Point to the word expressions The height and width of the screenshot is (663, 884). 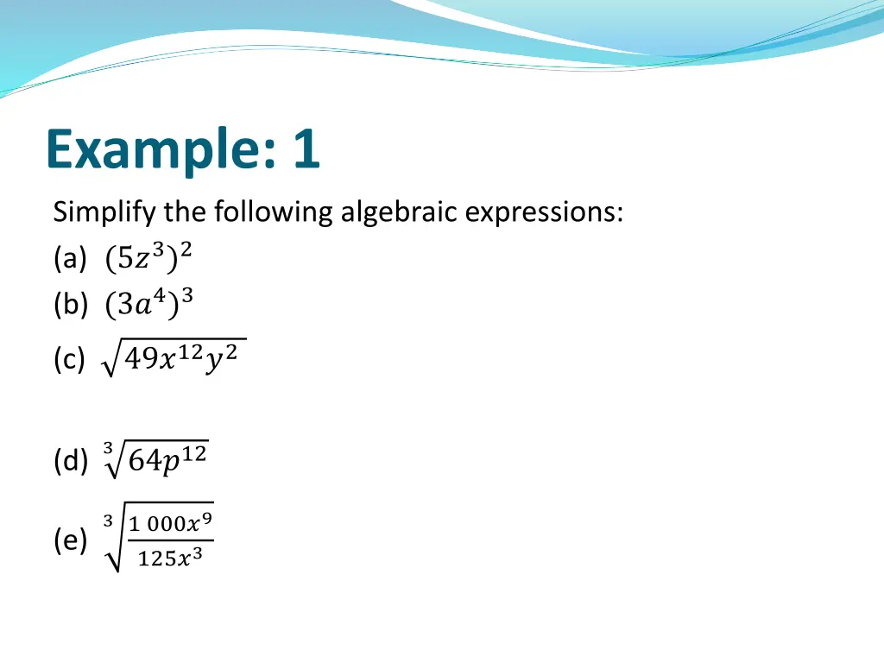pyautogui.click(x=543, y=212)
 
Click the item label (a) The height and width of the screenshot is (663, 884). pyautogui.click(x=68, y=258)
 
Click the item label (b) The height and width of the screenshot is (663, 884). pyautogui.click(x=69, y=304)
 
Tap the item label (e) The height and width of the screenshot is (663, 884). pyautogui.click(x=69, y=541)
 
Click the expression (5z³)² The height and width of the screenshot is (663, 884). pyautogui.click(x=148, y=257)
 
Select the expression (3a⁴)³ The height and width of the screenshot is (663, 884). pyautogui.click(x=148, y=303)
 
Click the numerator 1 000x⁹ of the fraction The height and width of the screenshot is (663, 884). pyautogui.click(x=170, y=522)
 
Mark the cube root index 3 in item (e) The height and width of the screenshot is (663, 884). pyautogui.click(x=107, y=521)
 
